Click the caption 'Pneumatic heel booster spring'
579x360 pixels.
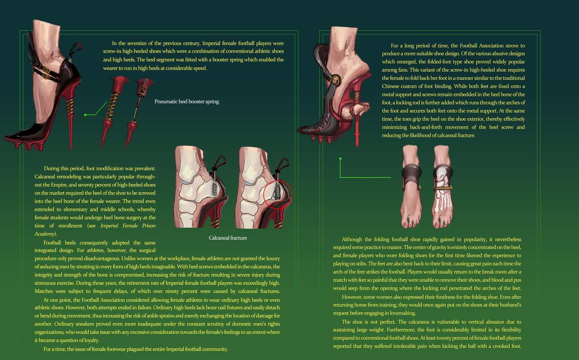tap(187, 102)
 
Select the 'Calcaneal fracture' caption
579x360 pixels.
tap(228, 238)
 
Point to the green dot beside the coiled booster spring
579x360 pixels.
tap(85, 115)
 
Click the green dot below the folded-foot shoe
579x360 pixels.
tap(340, 158)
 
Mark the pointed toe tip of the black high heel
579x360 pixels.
tap(5, 139)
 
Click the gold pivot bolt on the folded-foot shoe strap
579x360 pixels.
tap(335, 79)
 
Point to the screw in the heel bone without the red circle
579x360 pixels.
tap(214, 188)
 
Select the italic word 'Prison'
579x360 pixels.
tap(149, 226)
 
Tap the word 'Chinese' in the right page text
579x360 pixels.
tap(390, 86)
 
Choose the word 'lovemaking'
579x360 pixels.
tap(402, 313)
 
